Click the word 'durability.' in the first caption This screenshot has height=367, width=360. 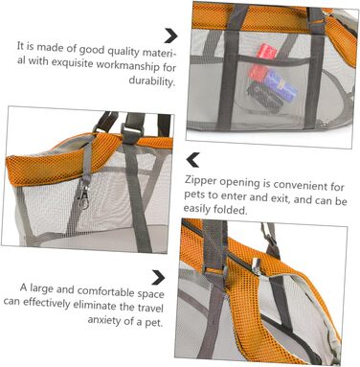152,80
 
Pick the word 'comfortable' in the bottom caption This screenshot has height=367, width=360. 106,291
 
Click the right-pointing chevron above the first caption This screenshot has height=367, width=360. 170,35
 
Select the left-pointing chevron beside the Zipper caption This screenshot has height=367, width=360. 193,160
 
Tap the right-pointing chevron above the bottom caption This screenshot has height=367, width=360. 158,277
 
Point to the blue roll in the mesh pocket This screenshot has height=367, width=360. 281,83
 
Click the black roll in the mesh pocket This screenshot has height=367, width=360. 265,97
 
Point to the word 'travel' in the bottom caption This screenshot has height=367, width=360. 150,308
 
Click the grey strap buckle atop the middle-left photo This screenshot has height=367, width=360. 133,130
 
